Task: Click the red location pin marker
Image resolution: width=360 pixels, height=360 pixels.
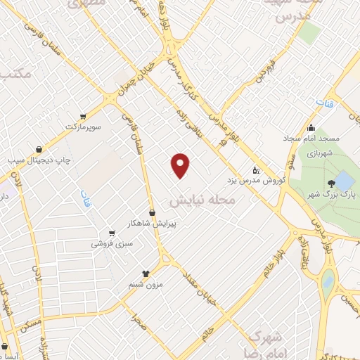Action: pyautogui.click(x=181, y=165)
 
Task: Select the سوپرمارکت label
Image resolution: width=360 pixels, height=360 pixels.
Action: pyautogui.click(x=84, y=126)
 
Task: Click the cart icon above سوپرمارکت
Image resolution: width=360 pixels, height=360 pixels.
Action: pyautogui.click(x=84, y=116)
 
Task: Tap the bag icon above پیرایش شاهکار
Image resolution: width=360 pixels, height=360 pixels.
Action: pyautogui.click(x=152, y=212)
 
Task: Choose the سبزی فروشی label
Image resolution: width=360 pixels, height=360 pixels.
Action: pyautogui.click(x=112, y=244)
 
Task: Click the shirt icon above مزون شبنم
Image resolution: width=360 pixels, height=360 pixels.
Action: pyautogui.click(x=146, y=274)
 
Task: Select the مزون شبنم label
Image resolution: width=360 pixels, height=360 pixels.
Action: pyautogui.click(x=145, y=284)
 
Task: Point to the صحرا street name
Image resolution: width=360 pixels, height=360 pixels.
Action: pyautogui.click(x=139, y=321)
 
